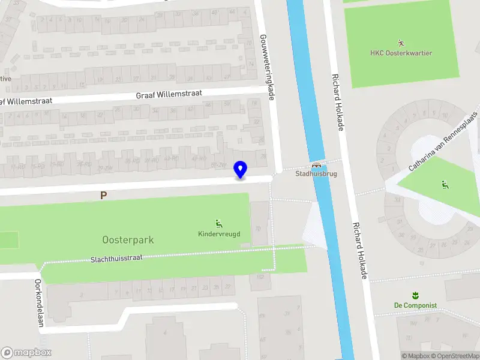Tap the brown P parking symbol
104,195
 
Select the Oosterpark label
127,240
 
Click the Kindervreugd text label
219,233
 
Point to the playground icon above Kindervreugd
219,223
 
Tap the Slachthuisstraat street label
125,259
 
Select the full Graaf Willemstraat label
169,95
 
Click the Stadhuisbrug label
316,174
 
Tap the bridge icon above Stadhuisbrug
316,165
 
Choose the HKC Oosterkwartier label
401,53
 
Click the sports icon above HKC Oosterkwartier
401,43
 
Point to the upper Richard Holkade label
339,103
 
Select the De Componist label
415,305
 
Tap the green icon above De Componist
415,295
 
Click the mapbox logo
26,352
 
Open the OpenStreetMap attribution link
454,356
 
